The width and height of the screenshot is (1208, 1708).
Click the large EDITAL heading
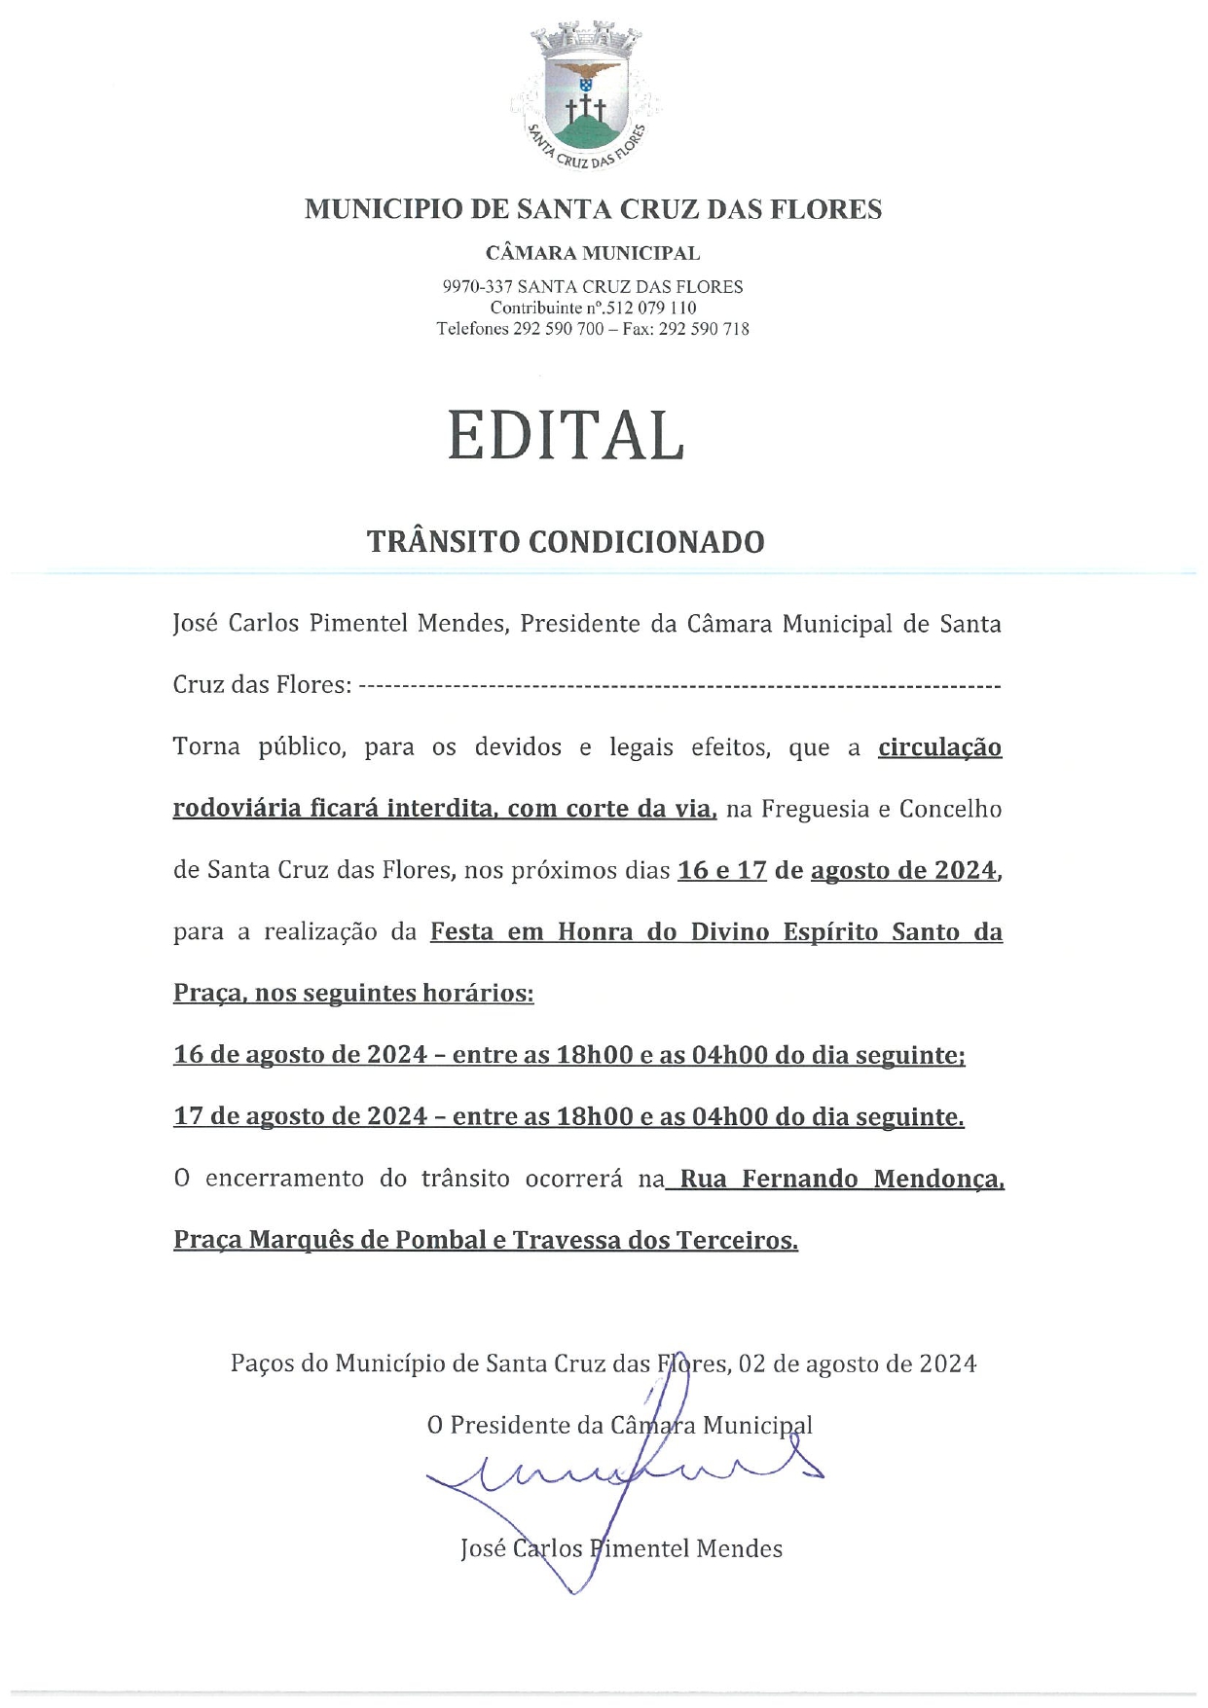566,435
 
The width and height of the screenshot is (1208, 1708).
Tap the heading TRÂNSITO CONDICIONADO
566,542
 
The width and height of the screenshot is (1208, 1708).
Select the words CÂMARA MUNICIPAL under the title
593,254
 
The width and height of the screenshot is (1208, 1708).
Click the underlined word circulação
939,747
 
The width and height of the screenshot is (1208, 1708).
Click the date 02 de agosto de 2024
858,1363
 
